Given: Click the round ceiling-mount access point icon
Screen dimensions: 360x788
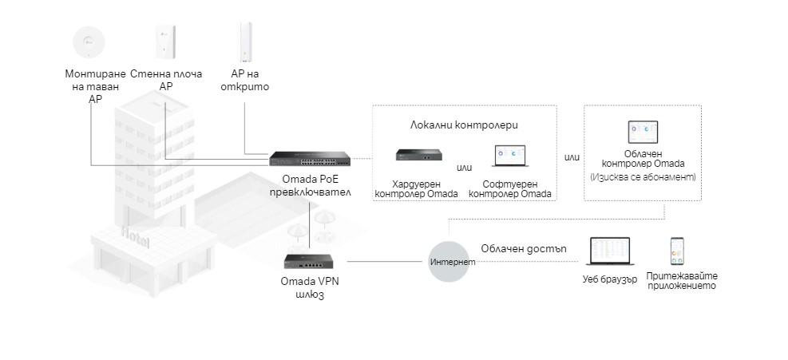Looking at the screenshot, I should (89, 41).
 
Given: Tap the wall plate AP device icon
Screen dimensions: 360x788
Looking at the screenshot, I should (165, 41).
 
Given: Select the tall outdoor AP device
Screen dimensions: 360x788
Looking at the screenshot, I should (244, 42).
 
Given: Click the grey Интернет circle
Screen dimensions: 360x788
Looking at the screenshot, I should (453, 261).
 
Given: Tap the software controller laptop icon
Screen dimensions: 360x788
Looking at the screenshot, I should (509, 156).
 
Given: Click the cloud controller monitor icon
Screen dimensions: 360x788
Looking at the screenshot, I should (643, 133).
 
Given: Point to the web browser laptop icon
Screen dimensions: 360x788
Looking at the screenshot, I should (609, 251).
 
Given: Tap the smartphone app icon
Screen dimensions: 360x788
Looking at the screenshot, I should (677, 251).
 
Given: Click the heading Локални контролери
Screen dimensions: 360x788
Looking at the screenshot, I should (463, 125).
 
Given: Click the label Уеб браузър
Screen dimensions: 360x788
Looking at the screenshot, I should (609, 280).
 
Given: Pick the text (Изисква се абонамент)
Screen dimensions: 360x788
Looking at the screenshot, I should (643, 176).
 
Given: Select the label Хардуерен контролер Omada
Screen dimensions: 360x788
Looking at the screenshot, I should (416, 189).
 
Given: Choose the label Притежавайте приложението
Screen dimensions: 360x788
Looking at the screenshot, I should (682, 281).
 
